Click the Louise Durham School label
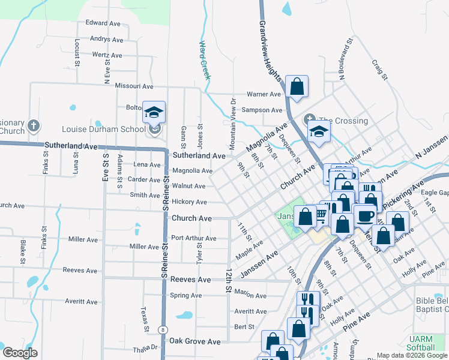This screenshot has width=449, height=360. coord(104,129)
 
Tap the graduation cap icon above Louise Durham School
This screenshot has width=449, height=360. coord(154,112)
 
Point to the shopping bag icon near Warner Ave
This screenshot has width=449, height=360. coord(297,86)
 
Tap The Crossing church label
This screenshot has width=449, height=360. coord(343,121)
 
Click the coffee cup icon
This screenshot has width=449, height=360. coord(364,216)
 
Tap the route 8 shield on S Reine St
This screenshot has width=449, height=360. coord(163,329)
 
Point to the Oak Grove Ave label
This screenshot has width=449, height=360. coord(194,341)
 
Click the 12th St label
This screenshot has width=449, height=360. coord(228,280)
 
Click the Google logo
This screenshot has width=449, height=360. coord(20,353)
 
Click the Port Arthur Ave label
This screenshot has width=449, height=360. coord(193,238)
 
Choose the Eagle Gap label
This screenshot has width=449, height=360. coord(435,193)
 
